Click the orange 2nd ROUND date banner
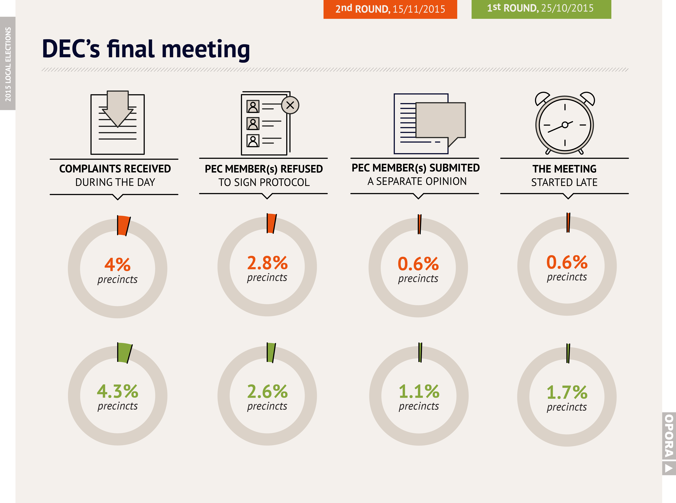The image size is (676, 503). tap(390, 9)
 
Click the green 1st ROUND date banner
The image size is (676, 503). tap(541, 9)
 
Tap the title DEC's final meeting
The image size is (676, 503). tap(146, 49)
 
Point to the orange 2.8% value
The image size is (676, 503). tap(267, 263)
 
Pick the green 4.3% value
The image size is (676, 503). tap(117, 391)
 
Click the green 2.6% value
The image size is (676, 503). tap(267, 391)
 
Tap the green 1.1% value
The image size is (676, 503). tap(419, 391)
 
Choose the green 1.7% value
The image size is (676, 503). tap(567, 392)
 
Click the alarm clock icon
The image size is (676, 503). tap(565, 123)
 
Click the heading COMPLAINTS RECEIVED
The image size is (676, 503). tap(115, 169)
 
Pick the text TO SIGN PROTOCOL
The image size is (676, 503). tap(264, 182)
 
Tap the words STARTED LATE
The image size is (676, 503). tap(564, 182)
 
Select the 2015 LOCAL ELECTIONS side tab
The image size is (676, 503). tap(8, 63)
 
